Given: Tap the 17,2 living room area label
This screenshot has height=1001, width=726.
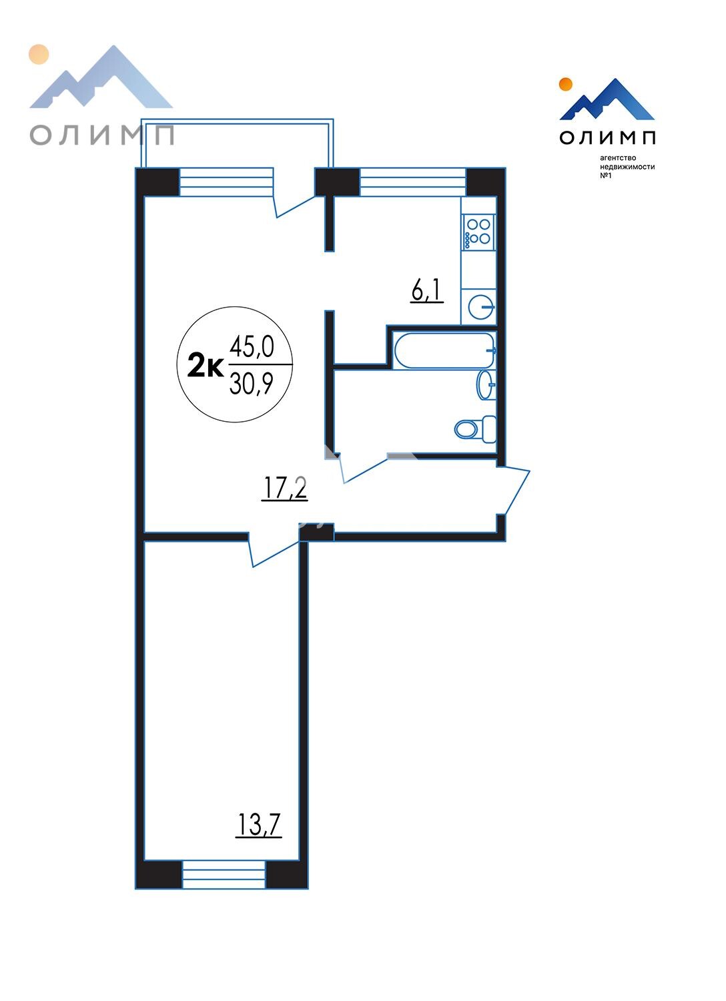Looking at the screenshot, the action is coord(285,488).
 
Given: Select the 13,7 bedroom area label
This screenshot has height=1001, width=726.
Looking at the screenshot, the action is coord(259,825).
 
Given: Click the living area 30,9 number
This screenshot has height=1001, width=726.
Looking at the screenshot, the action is coord(251,384).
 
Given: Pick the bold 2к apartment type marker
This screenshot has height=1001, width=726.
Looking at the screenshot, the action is coord(206,365).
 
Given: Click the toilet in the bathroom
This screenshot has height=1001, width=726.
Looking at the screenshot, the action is coord(475,430).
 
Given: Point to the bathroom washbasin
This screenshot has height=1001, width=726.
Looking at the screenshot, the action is coord(486,384).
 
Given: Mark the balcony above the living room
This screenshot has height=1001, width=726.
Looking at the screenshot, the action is coord(237,143).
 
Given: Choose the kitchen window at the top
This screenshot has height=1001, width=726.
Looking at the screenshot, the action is coord(413,182).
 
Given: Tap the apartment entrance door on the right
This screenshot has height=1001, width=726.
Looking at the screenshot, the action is coord(514,490).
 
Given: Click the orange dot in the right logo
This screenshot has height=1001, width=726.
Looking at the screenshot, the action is coord(566,84).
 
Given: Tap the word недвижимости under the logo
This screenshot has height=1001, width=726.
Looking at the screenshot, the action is coord(627,167).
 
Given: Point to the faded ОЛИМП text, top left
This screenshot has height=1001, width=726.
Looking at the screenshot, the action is coord(102,135).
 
